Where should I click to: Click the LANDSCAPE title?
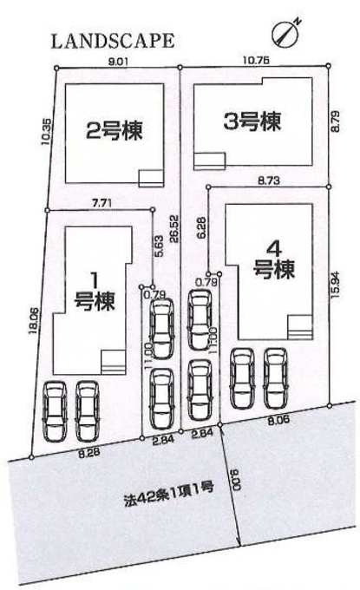click(x=113, y=41)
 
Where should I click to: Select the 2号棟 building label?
click(x=115, y=130)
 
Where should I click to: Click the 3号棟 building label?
click(x=252, y=121)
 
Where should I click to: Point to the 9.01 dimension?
click(x=118, y=62)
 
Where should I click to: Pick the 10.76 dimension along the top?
click(x=256, y=61)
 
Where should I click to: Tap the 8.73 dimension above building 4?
click(x=269, y=180)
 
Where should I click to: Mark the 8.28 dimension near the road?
click(x=89, y=453)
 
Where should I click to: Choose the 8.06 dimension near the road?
click(x=278, y=420)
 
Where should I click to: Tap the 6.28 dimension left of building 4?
click(x=201, y=228)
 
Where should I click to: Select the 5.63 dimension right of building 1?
click(x=159, y=246)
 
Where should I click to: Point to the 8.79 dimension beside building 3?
click(x=336, y=121)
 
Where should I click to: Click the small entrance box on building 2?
click(x=151, y=179)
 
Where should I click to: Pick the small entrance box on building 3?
click(x=210, y=161)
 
